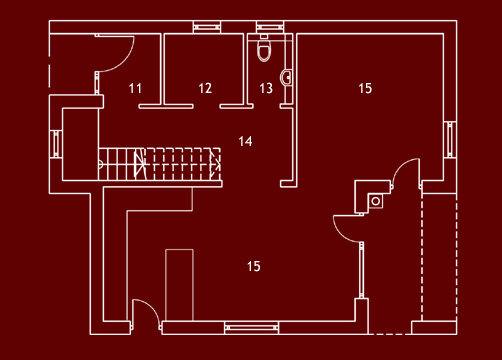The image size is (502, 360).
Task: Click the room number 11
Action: [136, 89]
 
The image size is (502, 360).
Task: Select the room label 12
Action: [205, 89]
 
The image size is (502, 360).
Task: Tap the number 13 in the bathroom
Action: [266, 89]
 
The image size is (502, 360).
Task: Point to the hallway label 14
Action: [246, 141]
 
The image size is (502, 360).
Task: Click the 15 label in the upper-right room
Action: [365, 89]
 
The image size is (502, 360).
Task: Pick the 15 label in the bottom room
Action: [254, 266]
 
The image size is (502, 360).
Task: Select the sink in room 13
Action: [287, 76]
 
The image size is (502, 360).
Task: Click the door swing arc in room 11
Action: [118, 55]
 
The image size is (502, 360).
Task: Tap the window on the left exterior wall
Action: [56, 141]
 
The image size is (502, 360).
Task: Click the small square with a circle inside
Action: [376, 200]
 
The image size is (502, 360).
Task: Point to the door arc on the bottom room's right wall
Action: [345, 228]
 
